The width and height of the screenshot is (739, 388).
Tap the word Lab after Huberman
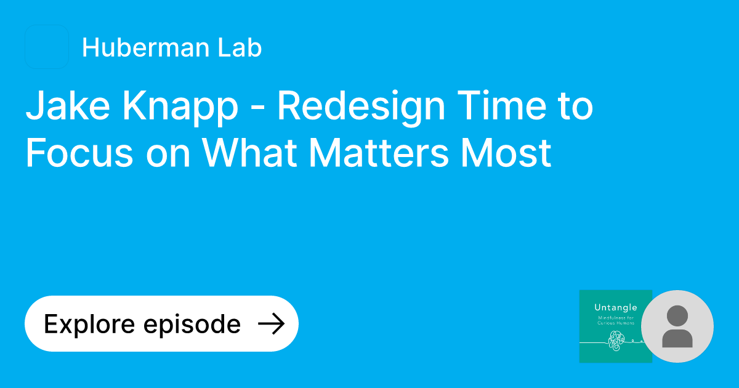click(241, 47)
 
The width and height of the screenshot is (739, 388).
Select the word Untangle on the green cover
click(615, 307)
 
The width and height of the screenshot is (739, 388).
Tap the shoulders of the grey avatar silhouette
click(677, 338)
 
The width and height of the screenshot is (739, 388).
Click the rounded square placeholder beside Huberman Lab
click(47, 47)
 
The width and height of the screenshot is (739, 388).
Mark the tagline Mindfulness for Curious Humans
click(615, 321)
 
